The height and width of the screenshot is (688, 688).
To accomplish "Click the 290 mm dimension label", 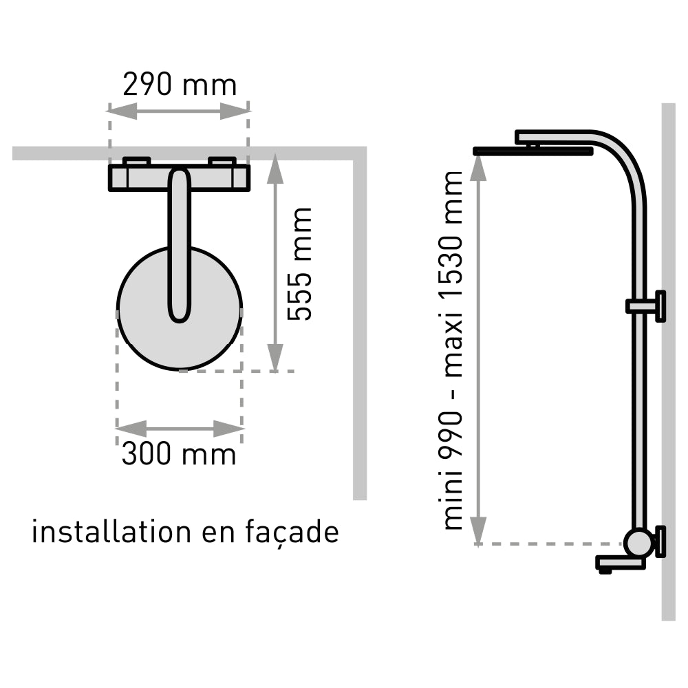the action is tap(180, 85).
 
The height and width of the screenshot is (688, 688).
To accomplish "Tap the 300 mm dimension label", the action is tap(179, 453).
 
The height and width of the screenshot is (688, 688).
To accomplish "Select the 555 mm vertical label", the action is tap(299, 264).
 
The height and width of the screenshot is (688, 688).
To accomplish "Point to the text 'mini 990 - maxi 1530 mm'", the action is tap(453, 350).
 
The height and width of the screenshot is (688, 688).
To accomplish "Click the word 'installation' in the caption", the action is tap(111, 533).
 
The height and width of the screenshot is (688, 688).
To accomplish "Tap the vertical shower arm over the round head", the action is tap(180, 244).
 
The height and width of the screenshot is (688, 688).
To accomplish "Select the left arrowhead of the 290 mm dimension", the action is tap(122, 111).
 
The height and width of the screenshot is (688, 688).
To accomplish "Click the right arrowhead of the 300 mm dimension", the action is tap(228, 428).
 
